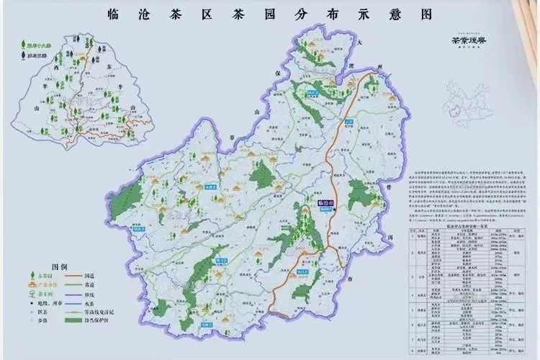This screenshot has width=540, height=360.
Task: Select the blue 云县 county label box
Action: pos(348,122)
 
